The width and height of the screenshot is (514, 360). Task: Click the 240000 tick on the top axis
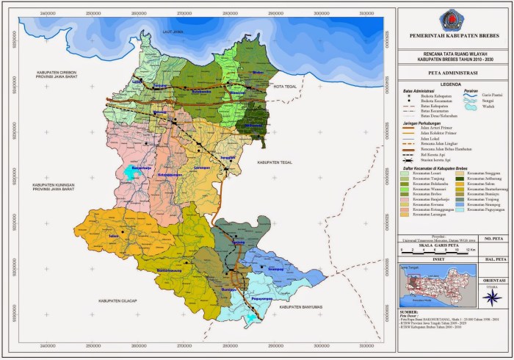pyautogui.click(x=48, y=12)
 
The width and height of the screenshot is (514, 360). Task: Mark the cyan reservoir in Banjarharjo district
pyautogui.click(x=130, y=172)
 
